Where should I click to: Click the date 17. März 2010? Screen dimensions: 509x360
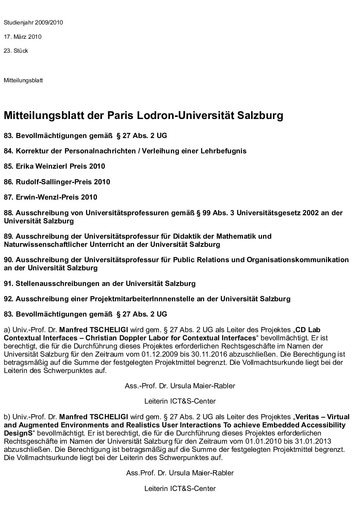pyautogui.click(x=22, y=37)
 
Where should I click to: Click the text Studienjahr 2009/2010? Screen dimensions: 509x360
pyautogui.click(x=33, y=23)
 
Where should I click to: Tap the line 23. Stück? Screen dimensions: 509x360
pyautogui.click(x=16, y=51)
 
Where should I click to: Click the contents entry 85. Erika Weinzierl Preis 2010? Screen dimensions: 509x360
pyautogui.click(x=54, y=166)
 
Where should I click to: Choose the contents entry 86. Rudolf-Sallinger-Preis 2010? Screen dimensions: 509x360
pyautogui.click(x=57, y=182)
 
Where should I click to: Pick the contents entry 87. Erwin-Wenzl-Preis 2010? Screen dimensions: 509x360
pyautogui.click(x=51, y=197)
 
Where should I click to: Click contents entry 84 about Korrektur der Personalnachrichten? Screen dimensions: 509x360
pyautogui.click(x=125, y=151)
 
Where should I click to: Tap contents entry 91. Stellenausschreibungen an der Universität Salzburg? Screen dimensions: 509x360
pyautogui.click(x=100, y=283)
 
